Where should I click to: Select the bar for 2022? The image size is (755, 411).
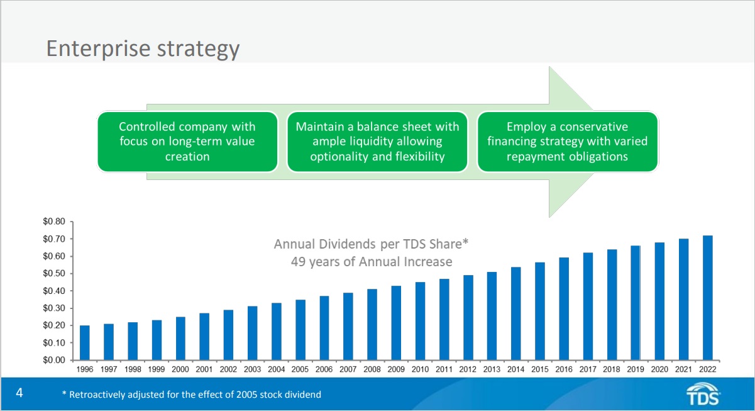pos(707,298)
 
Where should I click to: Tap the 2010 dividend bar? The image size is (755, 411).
pos(420,321)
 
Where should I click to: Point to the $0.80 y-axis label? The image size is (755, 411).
pos(53,222)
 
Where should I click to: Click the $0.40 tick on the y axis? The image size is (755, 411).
pos(53,291)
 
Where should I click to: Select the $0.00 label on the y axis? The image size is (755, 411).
pos(53,360)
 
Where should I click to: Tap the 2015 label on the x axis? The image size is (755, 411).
pos(540,369)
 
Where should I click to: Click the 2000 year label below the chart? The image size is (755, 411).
pos(180,369)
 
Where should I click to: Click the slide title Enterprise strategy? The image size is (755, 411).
pos(143,48)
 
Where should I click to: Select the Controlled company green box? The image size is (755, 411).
pos(187,142)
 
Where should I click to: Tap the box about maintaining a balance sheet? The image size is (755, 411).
pos(377,142)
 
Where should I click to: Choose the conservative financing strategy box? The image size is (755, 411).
pos(567,142)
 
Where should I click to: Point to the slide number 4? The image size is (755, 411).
pos(19,394)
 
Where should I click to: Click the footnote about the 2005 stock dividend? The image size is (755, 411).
pos(192,395)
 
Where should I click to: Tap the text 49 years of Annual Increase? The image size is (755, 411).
pos(372,261)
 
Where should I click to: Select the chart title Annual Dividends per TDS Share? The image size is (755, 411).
pos(372,244)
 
